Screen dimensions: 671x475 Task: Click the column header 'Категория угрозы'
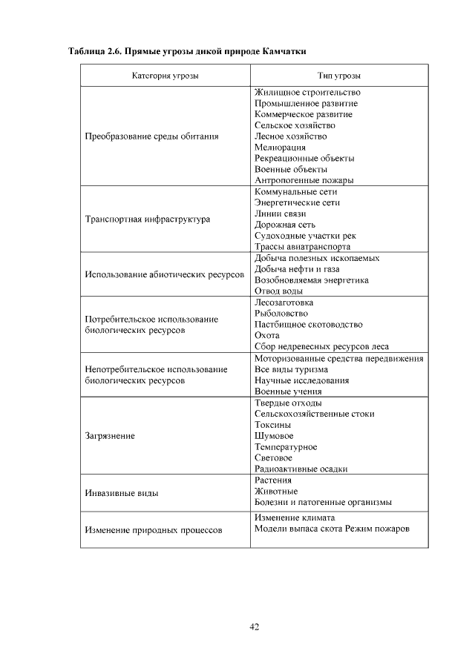point(165,76)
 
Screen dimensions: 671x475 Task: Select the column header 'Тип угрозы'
point(339,76)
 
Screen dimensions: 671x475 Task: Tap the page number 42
point(254,627)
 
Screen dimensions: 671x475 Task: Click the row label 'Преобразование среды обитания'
point(151,136)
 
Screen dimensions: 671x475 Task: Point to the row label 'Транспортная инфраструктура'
point(148,219)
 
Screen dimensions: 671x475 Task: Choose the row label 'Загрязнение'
point(110,436)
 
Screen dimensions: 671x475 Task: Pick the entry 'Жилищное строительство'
point(307,93)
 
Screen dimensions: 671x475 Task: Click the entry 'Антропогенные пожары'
point(304,180)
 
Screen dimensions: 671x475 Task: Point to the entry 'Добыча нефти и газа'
point(297,269)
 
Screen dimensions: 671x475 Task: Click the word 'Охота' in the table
point(267,335)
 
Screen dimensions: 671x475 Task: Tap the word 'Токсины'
point(272,425)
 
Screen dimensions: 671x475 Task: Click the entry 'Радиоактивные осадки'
point(301,469)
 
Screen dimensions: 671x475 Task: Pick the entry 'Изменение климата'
point(295,517)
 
